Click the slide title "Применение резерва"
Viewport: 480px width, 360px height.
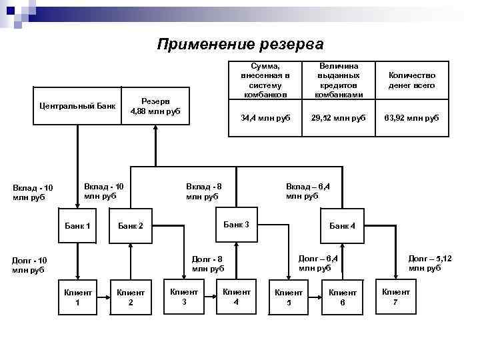pos(241,45)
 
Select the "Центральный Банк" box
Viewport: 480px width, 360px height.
pos(77,105)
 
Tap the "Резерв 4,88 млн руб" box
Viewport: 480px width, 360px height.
pos(155,105)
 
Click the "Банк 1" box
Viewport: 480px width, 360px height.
pos(77,226)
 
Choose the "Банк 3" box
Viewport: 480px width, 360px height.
pos(236,225)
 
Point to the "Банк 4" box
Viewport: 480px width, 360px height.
pos(343,226)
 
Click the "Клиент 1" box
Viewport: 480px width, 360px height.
pos(77,297)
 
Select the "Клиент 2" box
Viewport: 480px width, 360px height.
pos(131,297)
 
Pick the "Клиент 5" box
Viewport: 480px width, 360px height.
pos(289,297)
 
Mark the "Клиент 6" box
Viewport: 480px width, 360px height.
pos(343,297)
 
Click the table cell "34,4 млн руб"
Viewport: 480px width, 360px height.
pos(265,118)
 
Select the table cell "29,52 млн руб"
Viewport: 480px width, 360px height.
pos(339,118)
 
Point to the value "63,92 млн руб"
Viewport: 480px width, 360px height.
pos(412,118)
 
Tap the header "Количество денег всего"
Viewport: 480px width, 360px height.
pos(412,81)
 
